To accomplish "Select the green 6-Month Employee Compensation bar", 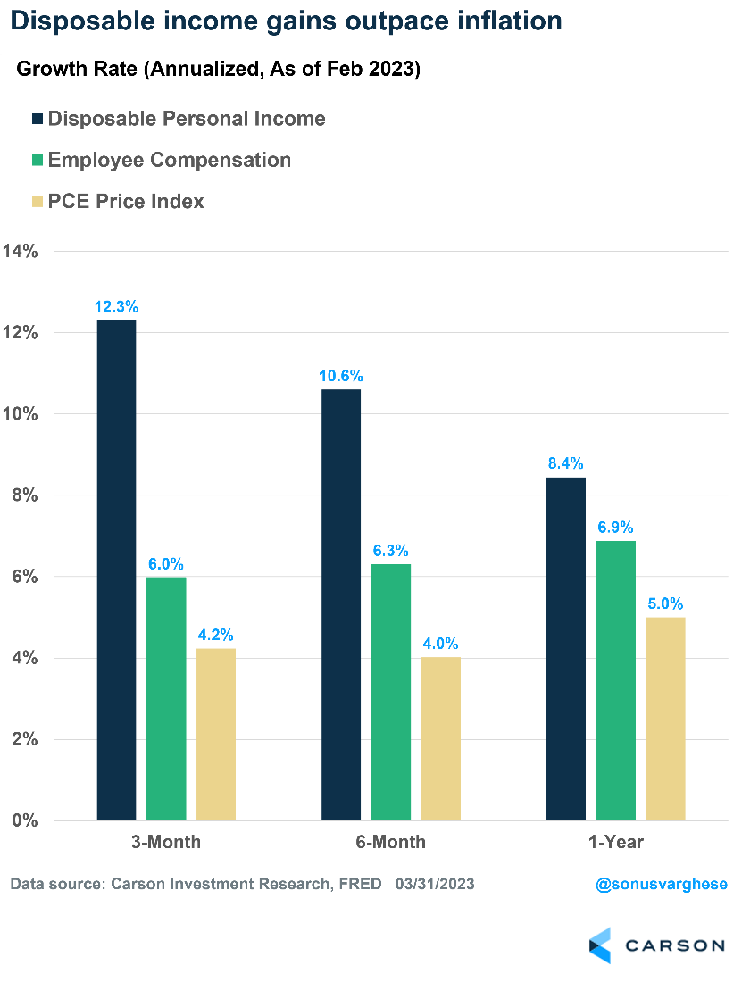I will tap(391, 692).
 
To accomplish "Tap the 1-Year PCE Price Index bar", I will tap(665, 719).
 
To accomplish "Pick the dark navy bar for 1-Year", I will tap(565, 649).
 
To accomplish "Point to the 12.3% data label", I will tap(117, 307).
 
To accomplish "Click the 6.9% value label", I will tap(616, 528).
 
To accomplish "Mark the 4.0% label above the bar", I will tap(441, 644).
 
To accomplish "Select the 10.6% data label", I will tap(341, 376).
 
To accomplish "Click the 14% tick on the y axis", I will tap(20, 252).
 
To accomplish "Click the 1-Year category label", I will tap(616, 842).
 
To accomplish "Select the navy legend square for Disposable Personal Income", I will tap(38, 119).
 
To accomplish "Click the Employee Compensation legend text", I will tap(170, 160).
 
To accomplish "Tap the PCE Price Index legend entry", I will tap(126, 201).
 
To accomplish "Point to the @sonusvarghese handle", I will tap(662, 884).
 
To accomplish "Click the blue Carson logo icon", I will tap(600, 945).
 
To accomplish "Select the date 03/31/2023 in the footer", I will tap(435, 884).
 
